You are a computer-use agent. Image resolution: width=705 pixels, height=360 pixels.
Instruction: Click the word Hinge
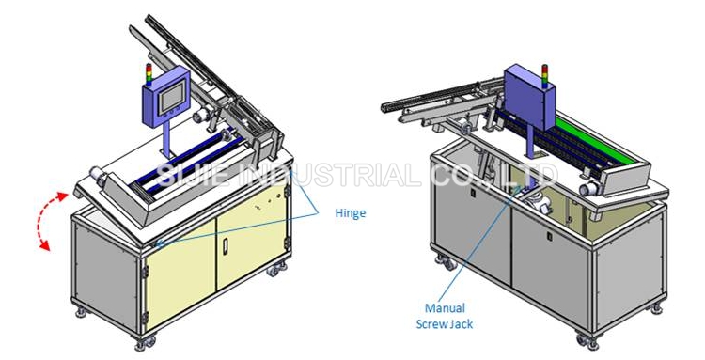tap(351, 213)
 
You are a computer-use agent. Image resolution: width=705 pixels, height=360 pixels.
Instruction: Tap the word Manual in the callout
tap(445, 308)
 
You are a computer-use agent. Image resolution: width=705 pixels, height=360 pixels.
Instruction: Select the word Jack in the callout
tap(462, 323)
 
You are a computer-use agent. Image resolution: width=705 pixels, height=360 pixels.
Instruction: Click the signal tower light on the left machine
tap(149, 74)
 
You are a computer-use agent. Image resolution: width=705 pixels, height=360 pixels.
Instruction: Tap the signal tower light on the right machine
tap(544, 76)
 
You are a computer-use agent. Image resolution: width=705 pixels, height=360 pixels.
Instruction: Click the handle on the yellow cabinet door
tap(225, 244)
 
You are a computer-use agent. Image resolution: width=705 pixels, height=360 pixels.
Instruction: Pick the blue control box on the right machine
tap(528, 97)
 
